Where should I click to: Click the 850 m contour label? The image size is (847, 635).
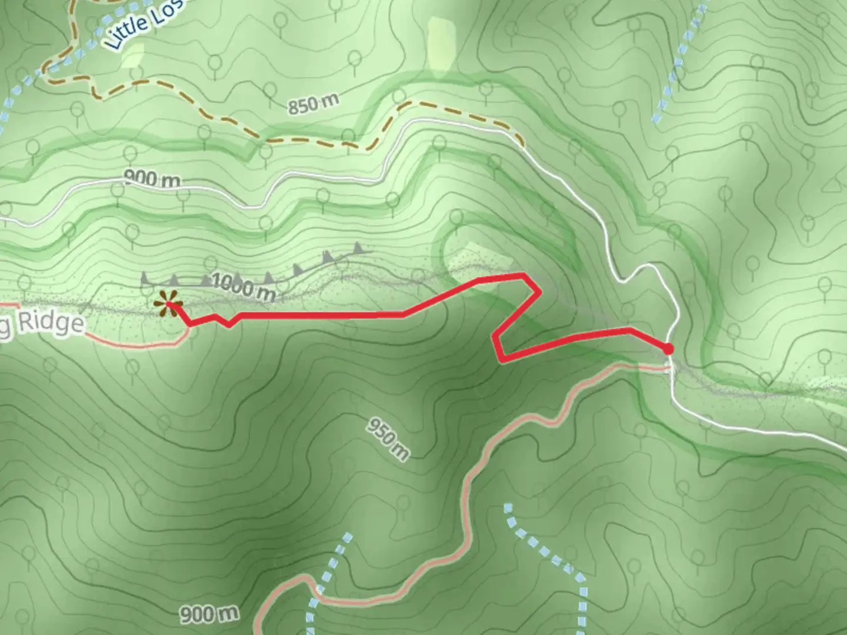pos(313,103)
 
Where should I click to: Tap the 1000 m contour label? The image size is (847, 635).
pos(243,286)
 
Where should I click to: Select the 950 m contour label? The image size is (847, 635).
pos(388,439)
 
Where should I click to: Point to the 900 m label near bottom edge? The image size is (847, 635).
pos(209,614)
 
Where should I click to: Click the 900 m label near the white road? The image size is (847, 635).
pos(152,178)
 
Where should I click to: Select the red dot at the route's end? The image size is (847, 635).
pos(668,349)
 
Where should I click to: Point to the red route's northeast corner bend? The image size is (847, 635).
pos(523,275)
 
